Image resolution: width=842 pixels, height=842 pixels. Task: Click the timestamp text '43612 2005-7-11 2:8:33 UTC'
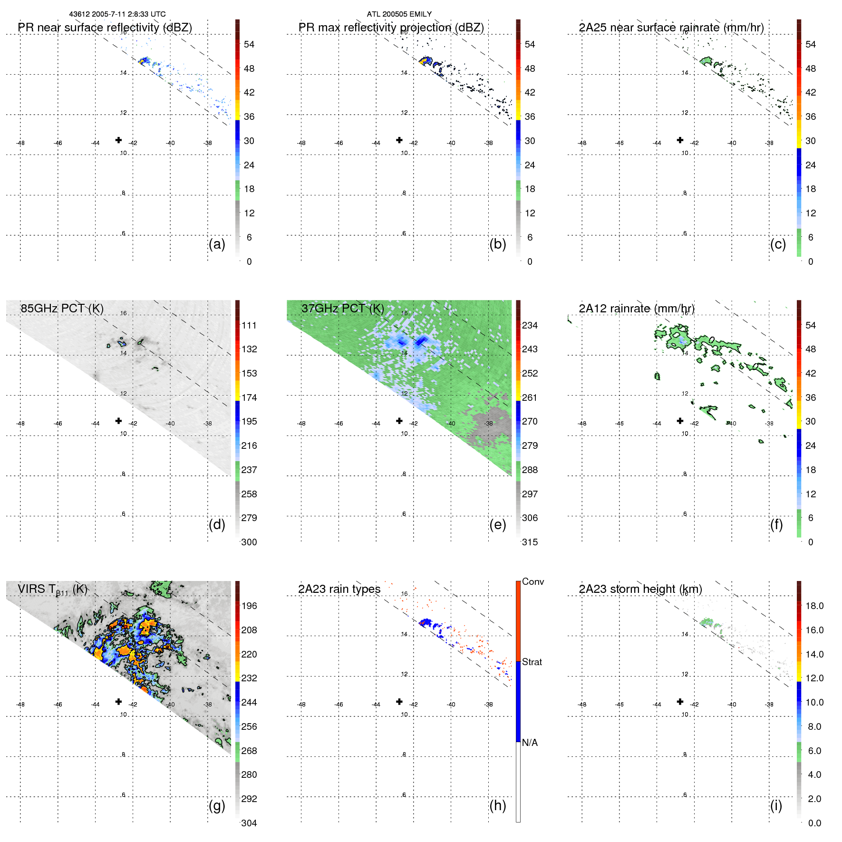117,14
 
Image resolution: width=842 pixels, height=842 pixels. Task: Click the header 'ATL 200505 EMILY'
399,14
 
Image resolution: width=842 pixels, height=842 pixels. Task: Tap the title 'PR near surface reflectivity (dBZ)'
105,28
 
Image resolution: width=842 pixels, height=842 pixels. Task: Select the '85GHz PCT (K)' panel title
62,309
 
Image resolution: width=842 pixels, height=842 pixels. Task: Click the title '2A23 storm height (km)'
640,589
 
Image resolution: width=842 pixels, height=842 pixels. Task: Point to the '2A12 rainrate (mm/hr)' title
637,309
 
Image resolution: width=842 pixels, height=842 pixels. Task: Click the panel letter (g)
217,805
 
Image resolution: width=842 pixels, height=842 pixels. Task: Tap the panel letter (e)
497,525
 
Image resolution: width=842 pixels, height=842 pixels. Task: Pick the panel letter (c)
778,244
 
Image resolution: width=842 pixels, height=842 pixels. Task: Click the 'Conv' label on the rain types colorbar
533,581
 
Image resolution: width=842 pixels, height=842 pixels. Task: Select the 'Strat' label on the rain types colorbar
532,662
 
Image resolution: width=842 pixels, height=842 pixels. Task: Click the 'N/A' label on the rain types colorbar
530,743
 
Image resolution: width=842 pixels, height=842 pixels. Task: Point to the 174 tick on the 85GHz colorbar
249,397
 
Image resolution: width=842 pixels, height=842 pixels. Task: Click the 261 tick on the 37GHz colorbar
530,397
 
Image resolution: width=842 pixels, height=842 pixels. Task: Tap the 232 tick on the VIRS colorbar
249,678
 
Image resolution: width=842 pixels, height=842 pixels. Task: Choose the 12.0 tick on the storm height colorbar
814,678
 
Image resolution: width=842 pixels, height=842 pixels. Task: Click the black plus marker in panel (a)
118,140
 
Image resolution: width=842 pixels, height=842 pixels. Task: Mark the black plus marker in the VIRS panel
118,701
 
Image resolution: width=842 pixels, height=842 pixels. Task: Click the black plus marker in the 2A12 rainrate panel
680,421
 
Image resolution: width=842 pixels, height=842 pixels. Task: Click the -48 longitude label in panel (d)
20,424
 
